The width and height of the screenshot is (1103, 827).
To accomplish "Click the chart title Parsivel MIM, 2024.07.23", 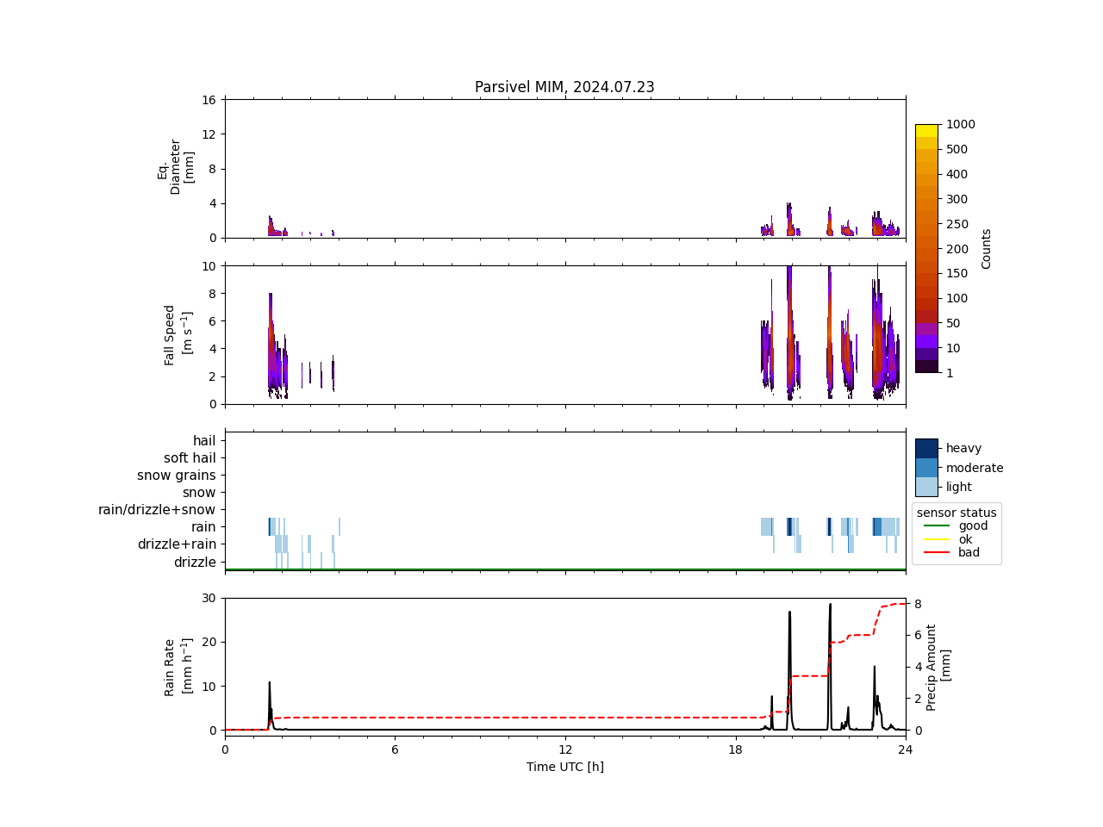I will [x=564, y=87].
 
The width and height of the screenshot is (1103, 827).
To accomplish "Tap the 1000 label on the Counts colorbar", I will [x=960, y=124].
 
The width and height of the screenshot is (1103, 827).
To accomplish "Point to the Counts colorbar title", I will [x=987, y=248].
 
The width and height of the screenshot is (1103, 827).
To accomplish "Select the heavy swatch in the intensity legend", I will [x=926, y=448].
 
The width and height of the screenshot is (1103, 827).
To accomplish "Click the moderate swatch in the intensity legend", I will [x=926, y=468].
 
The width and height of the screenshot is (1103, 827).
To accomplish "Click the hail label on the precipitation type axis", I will [x=204, y=441].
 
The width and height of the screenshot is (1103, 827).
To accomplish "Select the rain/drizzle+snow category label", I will [x=157, y=510].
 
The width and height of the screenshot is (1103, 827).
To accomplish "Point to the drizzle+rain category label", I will [x=177, y=544].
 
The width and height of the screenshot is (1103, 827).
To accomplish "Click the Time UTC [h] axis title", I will [x=564, y=767].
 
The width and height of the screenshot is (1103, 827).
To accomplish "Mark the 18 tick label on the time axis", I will [x=735, y=749].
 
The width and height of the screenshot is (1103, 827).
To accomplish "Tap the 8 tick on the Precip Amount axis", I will [x=918, y=604].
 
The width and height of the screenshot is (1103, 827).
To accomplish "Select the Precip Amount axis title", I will [x=938, y=667].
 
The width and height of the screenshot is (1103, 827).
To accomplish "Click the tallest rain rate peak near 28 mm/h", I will [x=830, y=605].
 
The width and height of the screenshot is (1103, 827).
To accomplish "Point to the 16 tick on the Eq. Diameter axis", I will [x=209, y=100].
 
